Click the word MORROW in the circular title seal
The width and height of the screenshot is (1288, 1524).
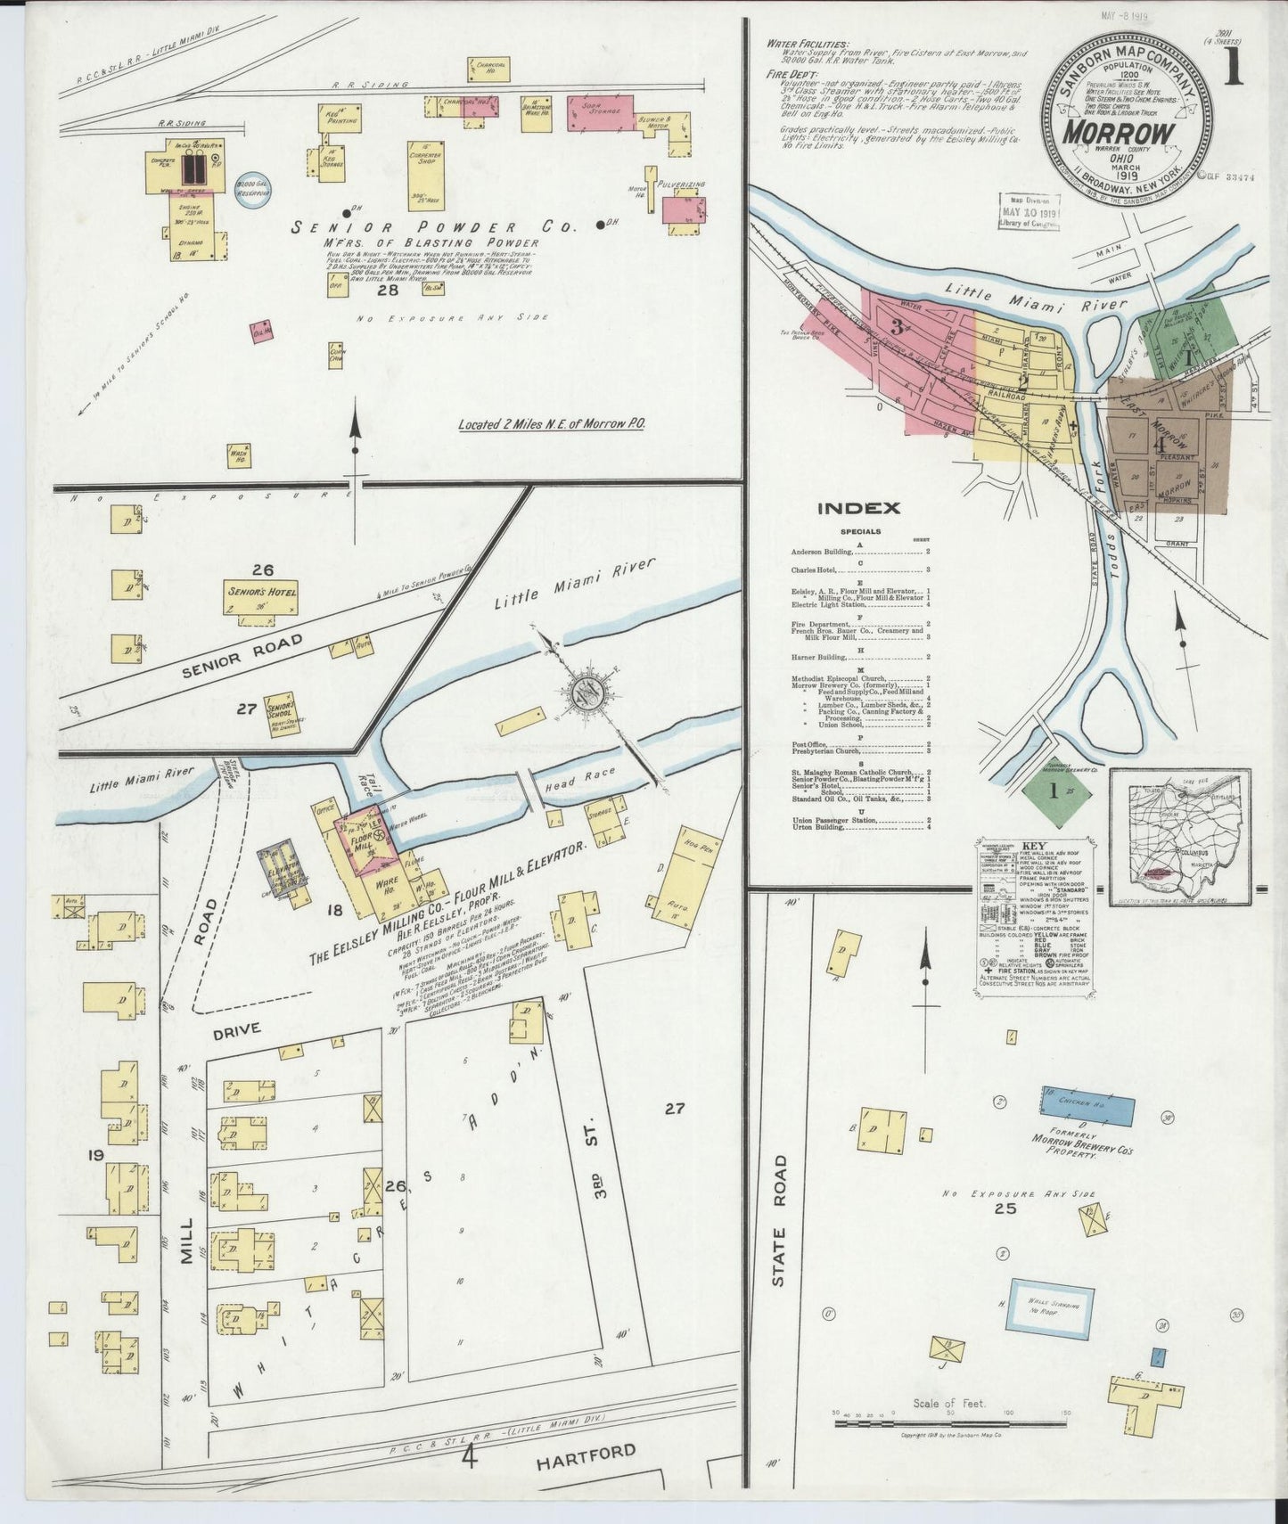(x=1129, y=134)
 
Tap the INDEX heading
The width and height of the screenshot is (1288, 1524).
(x=858, y=508)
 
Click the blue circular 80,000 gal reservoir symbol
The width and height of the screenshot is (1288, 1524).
(x=252, y=189)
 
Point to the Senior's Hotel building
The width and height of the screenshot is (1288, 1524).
(x=260, y=596)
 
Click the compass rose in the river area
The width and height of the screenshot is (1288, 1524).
(x=588, y=687)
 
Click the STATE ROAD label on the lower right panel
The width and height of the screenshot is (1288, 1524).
(x=779, y=1221)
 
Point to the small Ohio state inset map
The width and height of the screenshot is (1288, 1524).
(x=1179, y=837)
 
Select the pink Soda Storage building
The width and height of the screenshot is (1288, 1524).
(x=602, y=113)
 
